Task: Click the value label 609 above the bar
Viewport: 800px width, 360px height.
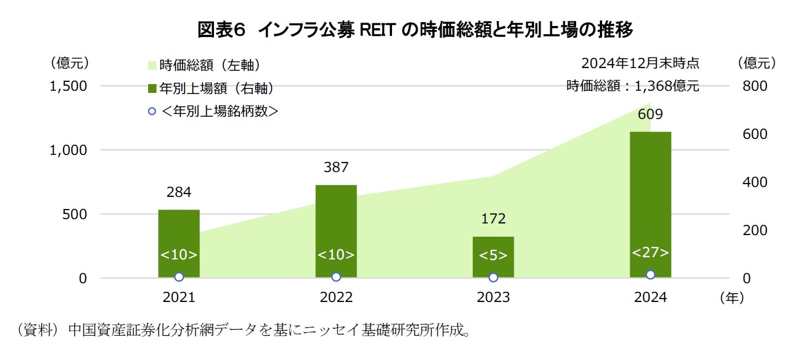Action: [x=650, y=115]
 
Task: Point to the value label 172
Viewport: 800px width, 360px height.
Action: [x=493, y=218]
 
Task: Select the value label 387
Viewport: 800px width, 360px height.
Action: [x=336, y=167]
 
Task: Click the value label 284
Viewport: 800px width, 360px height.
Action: [x=179, y=192]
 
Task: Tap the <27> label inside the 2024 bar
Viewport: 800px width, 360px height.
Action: [x=650, y=253]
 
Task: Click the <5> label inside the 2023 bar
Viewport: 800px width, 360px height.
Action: [x=493, y=255]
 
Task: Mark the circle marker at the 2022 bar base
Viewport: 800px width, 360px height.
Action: [x=336, y=276]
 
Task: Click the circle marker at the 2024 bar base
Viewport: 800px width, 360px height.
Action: [x=650, y=274]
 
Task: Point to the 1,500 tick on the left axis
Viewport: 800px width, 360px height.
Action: [x=69, y=86]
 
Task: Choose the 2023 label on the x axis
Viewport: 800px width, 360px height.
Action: [x=493, y=298]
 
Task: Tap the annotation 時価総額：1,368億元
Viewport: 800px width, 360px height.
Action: [x=632, y=86]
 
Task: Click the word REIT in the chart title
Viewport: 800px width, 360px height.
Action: [x=379, y=30]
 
